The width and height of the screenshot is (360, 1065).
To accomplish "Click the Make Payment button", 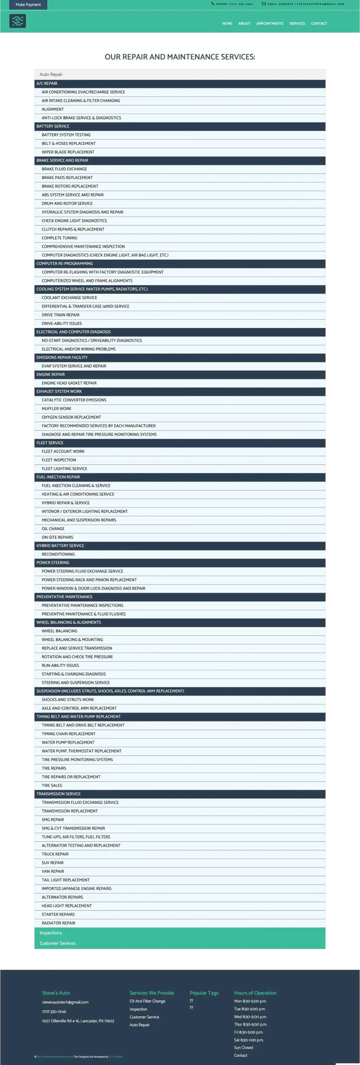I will [28, 5].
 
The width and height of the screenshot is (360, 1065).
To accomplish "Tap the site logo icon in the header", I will [17, 21].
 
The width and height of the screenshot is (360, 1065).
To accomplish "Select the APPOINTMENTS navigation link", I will [270, 24].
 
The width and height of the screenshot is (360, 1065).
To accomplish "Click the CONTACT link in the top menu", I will [319, 24].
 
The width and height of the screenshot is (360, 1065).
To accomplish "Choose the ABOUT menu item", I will [244, 24].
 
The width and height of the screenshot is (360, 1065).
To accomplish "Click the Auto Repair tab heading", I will [51, 74].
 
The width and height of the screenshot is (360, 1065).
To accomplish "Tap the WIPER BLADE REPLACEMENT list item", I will [68, 152].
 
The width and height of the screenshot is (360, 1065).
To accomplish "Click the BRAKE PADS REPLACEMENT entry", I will [67, 178].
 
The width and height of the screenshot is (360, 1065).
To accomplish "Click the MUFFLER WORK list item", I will [56, 409].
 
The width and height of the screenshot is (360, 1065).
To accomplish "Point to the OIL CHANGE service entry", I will [53, 529].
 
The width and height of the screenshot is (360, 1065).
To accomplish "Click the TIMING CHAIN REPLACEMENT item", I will [68, 734].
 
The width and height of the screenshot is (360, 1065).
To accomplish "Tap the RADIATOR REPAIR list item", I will [58, 923].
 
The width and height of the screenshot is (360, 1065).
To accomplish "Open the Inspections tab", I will [51, 933].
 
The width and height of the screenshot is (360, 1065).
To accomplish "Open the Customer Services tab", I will [57, 944].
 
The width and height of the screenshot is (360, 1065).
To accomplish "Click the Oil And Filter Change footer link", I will [147, 1001].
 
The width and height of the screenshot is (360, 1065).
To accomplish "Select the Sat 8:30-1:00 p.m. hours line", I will [248, 1040].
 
